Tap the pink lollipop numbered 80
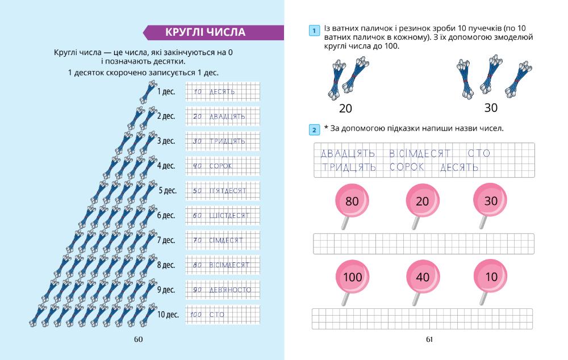pyautogui.click(x=352, y=201)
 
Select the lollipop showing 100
pyautogui.click(x=352, y=277)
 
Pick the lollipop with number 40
pyautogui.click(x=423, y=277)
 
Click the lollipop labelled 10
pyautogui.click(x=491, y=277)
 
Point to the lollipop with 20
pyautogui.click(x=423, y=201)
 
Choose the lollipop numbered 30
pyautogui.click(x=491, y=201)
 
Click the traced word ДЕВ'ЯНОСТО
pyautogui.click(x=229, y=290)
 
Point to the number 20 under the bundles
pyautogui.click(x=345, y=108)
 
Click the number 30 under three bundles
pyautogui.click(x=491, y=107)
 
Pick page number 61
pyautogui.click(x=429, y=340)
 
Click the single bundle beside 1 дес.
pyautogui.click(x=149, y=91)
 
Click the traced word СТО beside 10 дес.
pyautogui.click(x=217, y=315)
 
